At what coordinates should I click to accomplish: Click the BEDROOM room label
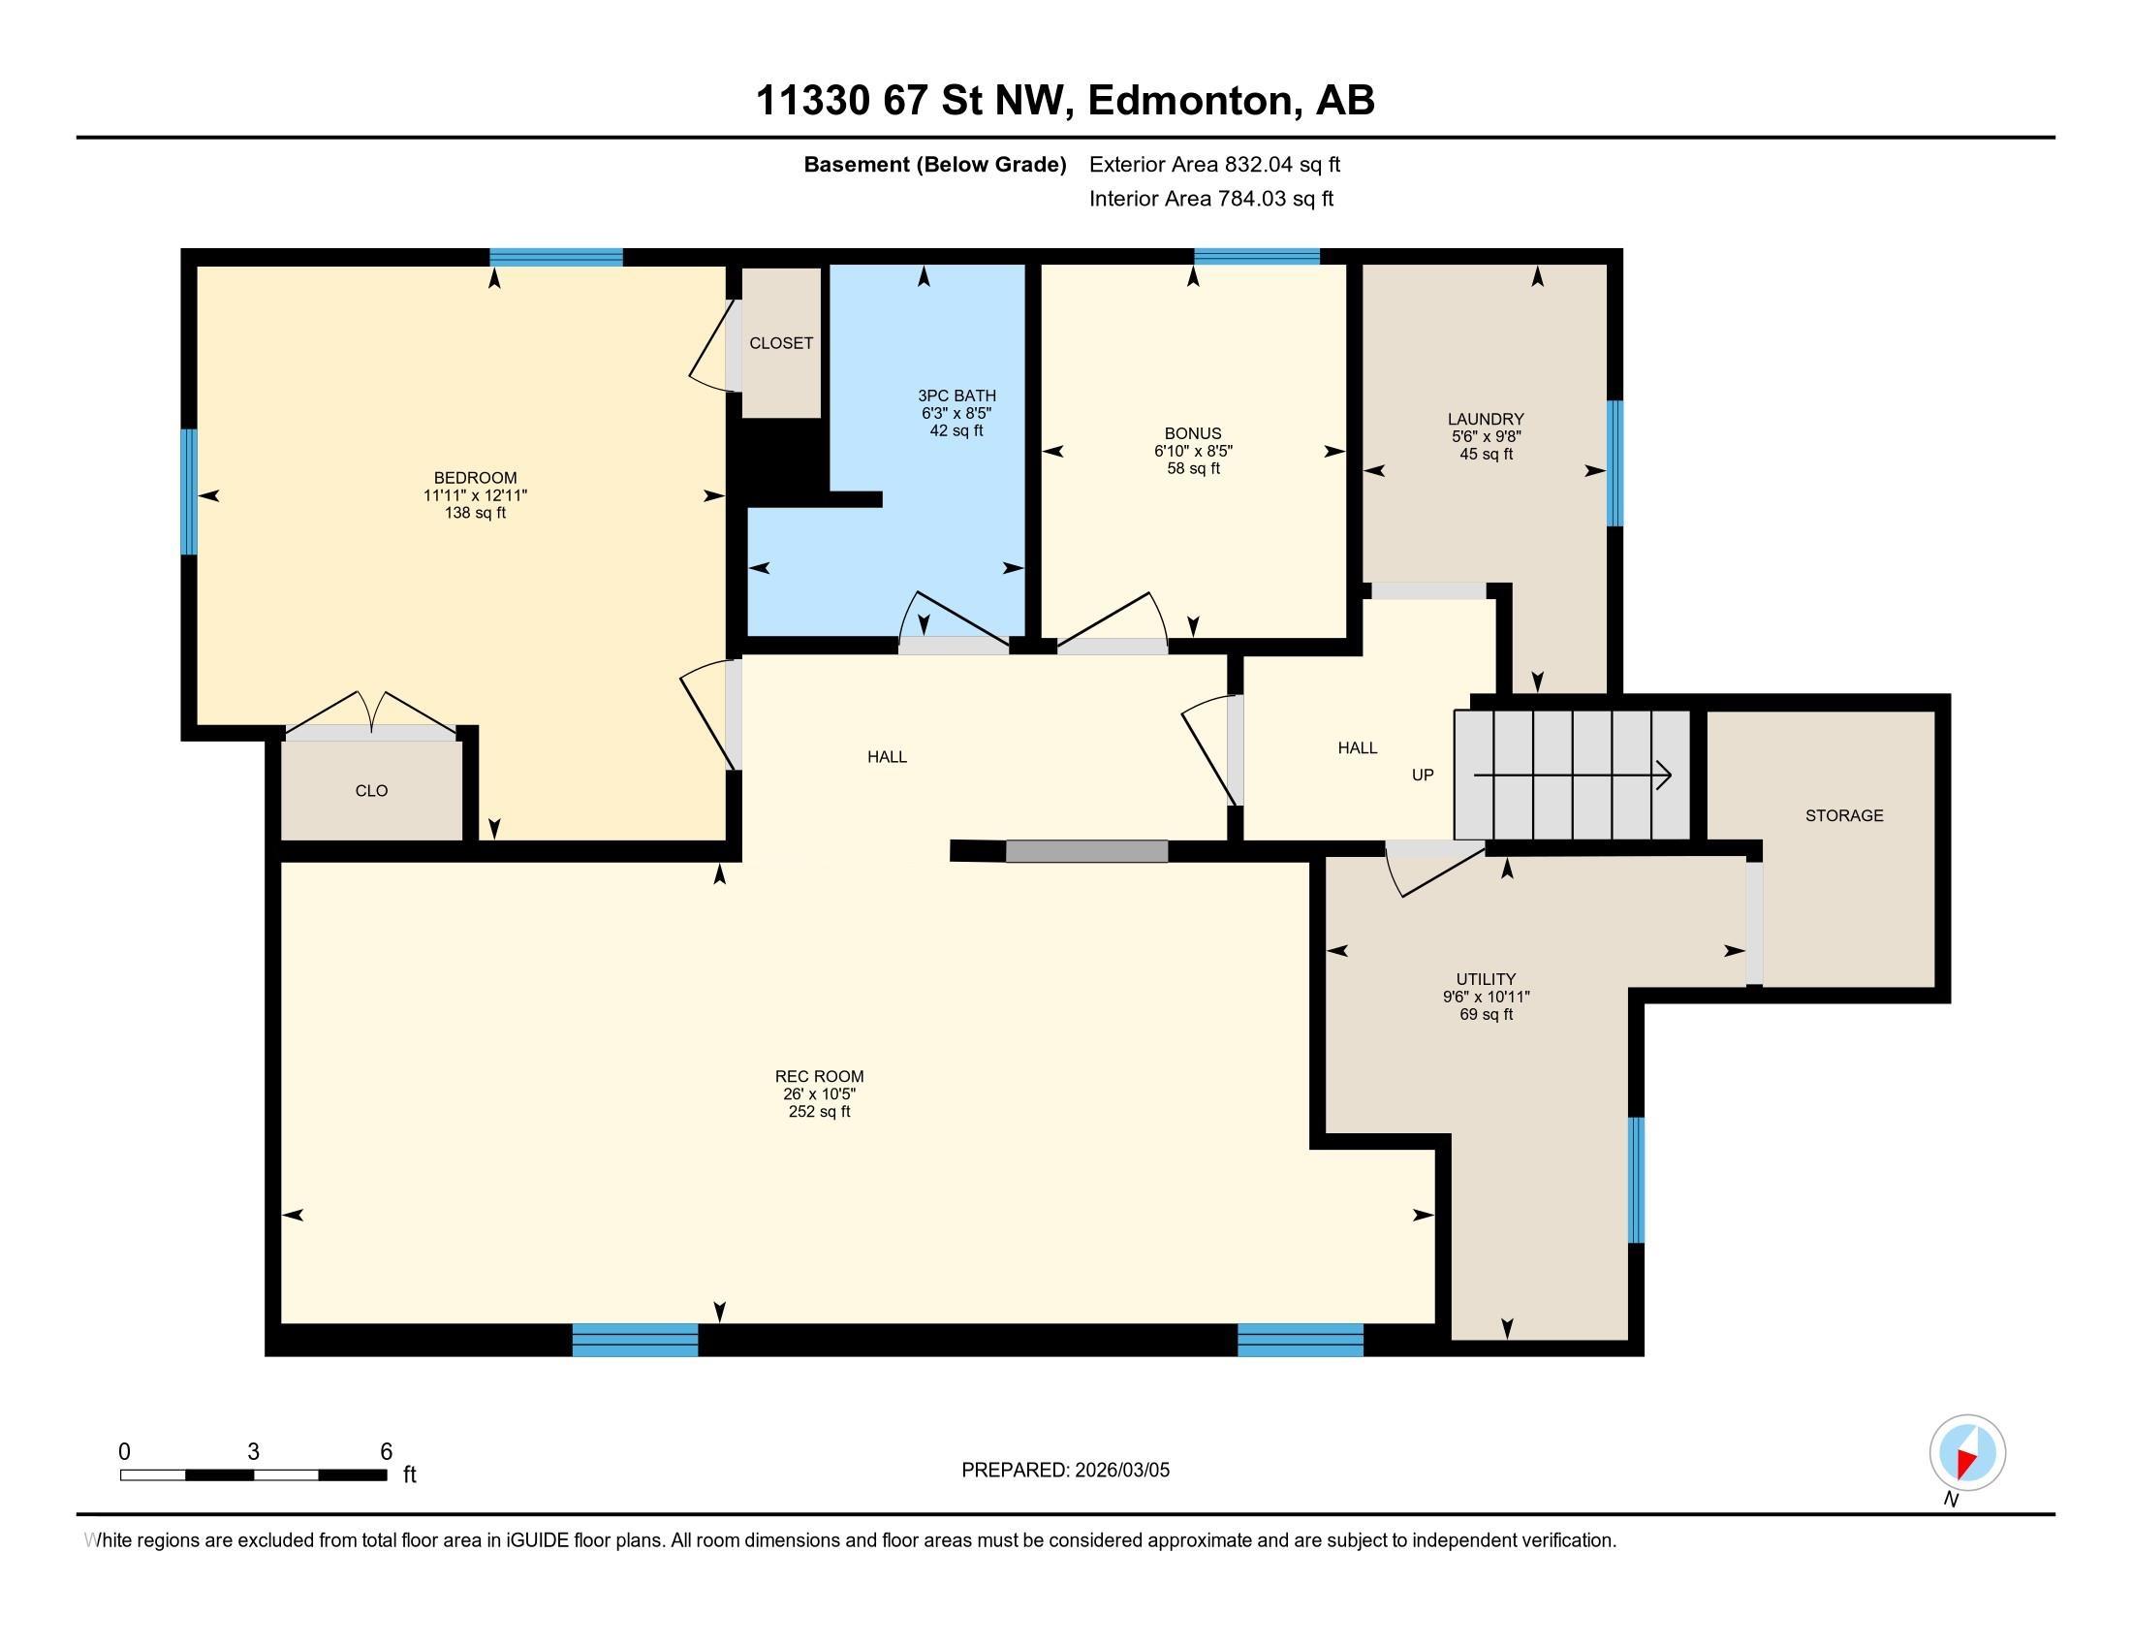point(475,477)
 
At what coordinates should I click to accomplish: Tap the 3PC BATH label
point(956,396)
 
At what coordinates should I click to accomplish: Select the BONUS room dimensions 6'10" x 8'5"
point(1192,451)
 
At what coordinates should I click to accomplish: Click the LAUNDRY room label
point(1485,419)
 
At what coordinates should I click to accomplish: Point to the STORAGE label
point(1843,815)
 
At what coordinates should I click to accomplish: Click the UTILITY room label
point(1485,979)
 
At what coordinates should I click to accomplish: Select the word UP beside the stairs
point(1423,776)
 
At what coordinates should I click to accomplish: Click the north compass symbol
point(1966,1452)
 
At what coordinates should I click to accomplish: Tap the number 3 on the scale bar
point(253,1452)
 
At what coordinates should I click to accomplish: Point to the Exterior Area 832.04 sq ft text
point(1213,164)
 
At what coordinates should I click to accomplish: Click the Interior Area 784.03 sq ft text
point(1209,199)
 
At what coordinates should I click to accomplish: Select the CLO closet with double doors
point(371,790)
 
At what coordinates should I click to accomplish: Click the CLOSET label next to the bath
point(780,342)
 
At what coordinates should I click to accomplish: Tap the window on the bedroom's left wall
point(188,491)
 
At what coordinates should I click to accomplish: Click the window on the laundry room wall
point(1615,462)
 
